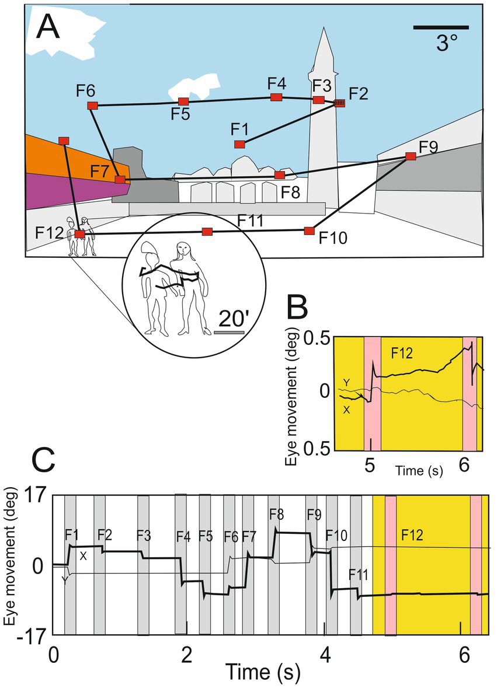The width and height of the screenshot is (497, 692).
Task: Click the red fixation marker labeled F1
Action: click(x=239, y=144)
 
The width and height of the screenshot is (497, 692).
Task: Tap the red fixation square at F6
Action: click(x=92, y=106)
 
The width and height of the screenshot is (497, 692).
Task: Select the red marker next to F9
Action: click(x=411, y=156)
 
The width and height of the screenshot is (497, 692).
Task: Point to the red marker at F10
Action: click(x=309, y=231)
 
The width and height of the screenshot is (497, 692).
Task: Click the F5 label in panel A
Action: click(x=180, y=114)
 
